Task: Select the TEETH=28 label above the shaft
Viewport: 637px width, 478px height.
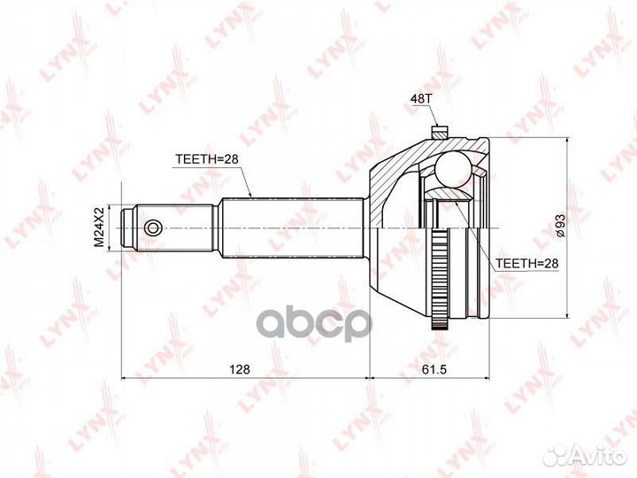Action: [206, 160]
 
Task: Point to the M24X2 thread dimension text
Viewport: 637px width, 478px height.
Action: [99, 227]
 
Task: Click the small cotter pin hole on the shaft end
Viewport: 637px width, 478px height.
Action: [154, 227]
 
